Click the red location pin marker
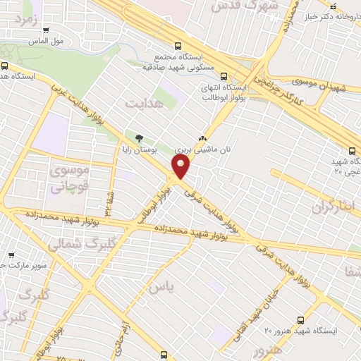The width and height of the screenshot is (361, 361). point(182,166)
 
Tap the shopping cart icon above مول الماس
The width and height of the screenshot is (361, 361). point(47,30)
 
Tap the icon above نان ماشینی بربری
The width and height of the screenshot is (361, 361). point(203,138)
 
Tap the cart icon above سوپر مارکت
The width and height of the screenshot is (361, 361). point(11,255)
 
